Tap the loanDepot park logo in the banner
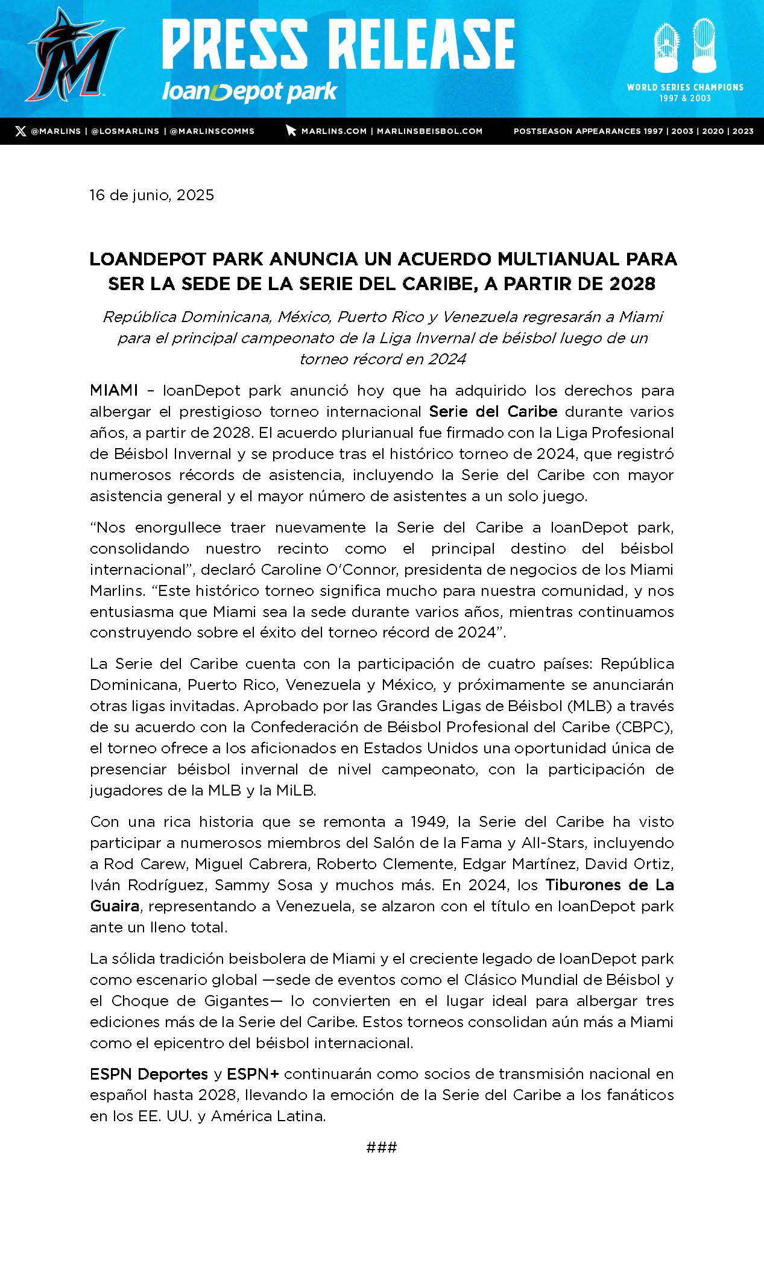[249, 92]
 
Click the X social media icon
[21, 131]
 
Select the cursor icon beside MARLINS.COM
[291, 131]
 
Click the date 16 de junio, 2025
[152, 195]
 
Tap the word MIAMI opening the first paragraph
[114, 390]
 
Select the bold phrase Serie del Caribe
[493, 411]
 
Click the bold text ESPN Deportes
[149, 1074]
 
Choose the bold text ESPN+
[253, 1074]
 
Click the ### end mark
[382, 1147]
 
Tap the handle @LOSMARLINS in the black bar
[125, 131]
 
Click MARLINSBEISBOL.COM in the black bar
[429, 131]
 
